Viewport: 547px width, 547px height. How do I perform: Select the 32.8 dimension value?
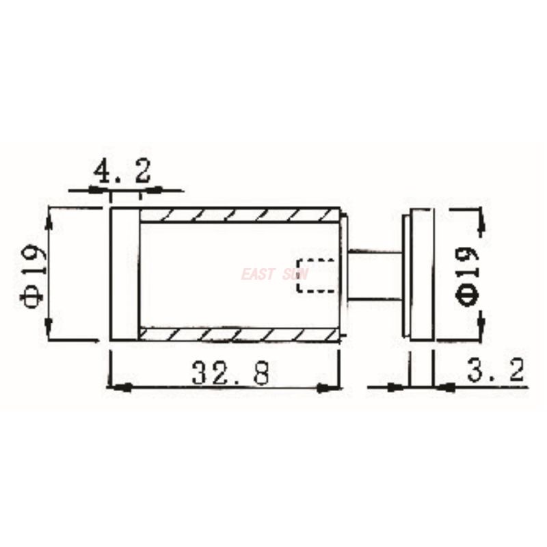(230, 373)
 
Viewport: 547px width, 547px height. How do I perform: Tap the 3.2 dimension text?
(496, 371)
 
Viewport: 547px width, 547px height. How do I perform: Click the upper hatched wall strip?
(239, 215)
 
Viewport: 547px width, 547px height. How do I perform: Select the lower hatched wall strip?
(239, 334)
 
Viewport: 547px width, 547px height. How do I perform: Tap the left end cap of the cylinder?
(124, 274)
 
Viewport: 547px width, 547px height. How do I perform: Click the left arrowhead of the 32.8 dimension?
(118, 388)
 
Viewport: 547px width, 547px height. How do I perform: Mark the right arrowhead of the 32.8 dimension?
(331, 388)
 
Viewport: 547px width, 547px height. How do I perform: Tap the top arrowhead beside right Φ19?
(481, 222)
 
